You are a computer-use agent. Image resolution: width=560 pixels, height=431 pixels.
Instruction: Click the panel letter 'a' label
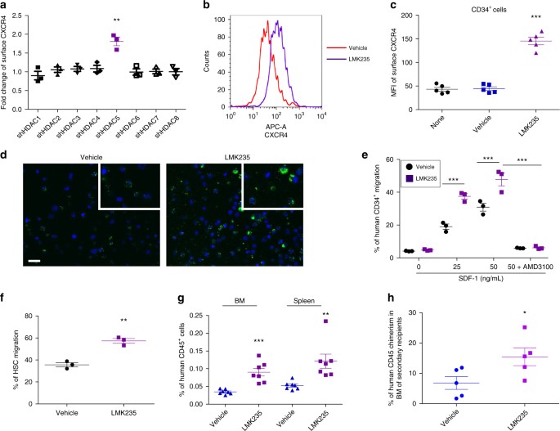6,7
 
